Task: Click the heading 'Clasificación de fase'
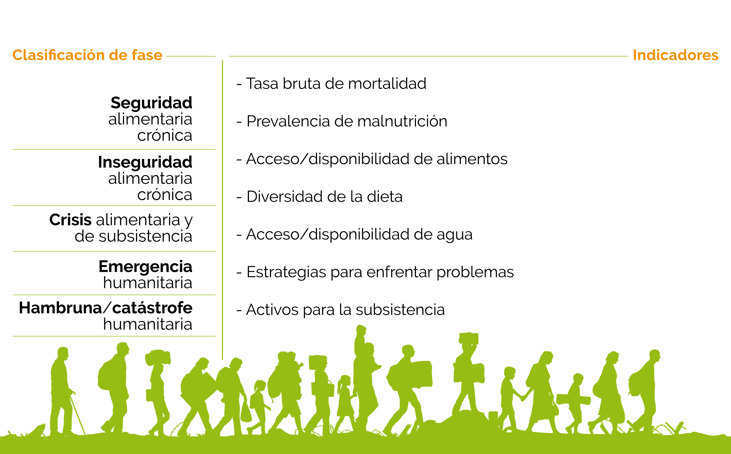click(87, 55)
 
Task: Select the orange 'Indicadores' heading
click(675, 55)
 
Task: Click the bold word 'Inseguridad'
click(145, 162)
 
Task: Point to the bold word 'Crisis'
click(70, 220)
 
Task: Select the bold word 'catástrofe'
click(152, 308)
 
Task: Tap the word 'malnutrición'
click(402, 121)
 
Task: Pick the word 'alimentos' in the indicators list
click(472, 159)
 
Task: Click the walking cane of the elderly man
click(78, 415)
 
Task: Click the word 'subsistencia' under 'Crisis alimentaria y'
click(146, 236)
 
